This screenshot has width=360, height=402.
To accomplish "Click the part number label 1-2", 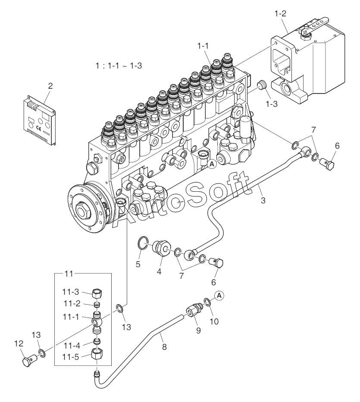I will click(x=280, y=13).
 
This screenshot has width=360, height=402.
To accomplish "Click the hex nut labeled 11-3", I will click(x=98, y=294).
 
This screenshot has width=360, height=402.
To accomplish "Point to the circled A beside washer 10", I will click(x=219, y=295).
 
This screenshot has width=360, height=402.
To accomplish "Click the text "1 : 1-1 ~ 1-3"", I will click(x=119, y=66).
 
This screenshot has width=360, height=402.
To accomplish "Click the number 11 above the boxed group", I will click(x=69, y=274).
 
